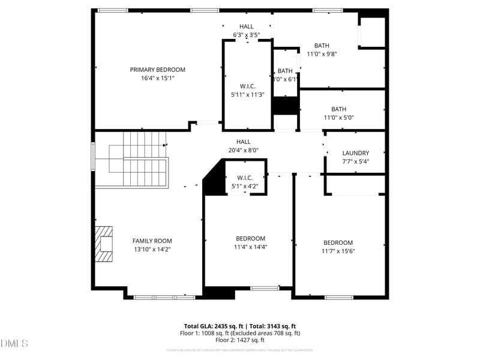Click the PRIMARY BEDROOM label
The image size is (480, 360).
tap(157, 70)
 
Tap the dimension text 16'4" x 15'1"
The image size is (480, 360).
tap(157, 78)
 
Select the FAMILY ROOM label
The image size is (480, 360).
tap(152, 241)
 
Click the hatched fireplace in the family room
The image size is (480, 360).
tap(104, 244)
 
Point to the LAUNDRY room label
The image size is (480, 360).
tap(355, 153)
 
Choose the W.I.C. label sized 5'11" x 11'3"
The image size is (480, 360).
tap(247, 86)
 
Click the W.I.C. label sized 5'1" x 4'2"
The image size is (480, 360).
tap(245, 178)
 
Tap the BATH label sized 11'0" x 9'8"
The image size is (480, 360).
tap(322, 46)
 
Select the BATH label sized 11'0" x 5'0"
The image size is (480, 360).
tap(338, 109)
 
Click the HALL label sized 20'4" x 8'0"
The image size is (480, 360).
tap(243, 142)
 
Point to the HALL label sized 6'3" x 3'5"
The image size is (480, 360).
tap(246, 26)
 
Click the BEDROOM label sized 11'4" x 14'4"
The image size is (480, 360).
tap(250, 239)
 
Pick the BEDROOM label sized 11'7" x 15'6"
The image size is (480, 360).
tap(338, 242)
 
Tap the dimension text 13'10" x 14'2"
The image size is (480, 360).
tap(152, 249)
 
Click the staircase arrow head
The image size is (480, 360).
tap(165, 145)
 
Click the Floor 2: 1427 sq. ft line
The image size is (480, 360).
tap(240, 340)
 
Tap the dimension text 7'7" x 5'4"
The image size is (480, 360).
tap(355, 161)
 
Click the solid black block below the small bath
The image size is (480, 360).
tap(285, 106)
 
